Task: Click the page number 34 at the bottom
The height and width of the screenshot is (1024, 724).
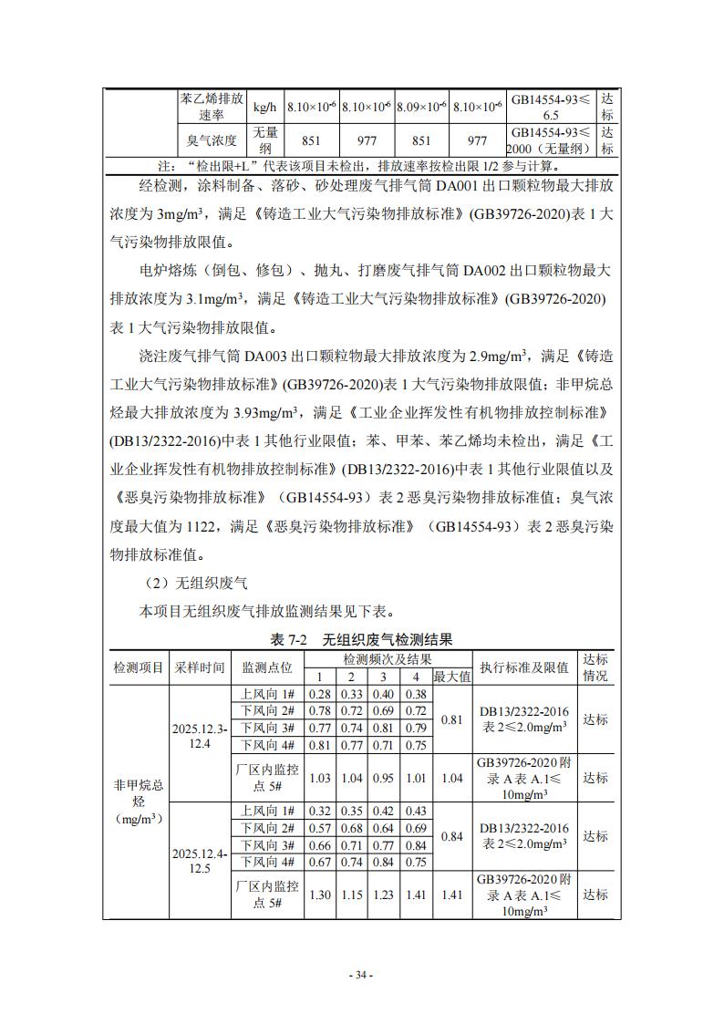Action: (x=361, y=975)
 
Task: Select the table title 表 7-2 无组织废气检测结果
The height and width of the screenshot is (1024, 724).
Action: (x=361, y=640)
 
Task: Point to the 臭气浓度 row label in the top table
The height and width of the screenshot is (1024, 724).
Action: (x=212, y=140)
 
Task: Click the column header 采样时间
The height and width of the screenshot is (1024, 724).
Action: (x=200, y=667)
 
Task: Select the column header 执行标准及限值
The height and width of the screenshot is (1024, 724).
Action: (x=524, y=667)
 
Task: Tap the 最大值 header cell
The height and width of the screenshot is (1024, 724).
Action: (x=451, y=677)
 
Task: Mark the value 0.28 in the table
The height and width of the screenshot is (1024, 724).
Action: (x=319, y=694)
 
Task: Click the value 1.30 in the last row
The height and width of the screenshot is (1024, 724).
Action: (x=319, y=895)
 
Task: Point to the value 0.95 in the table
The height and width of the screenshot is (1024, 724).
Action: (x=384, y=778)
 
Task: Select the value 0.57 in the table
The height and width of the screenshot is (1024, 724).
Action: (x=319, y=827)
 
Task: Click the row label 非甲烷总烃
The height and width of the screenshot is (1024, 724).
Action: (x=138, y=792)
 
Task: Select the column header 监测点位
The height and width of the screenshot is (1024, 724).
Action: (x=267, y=667)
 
